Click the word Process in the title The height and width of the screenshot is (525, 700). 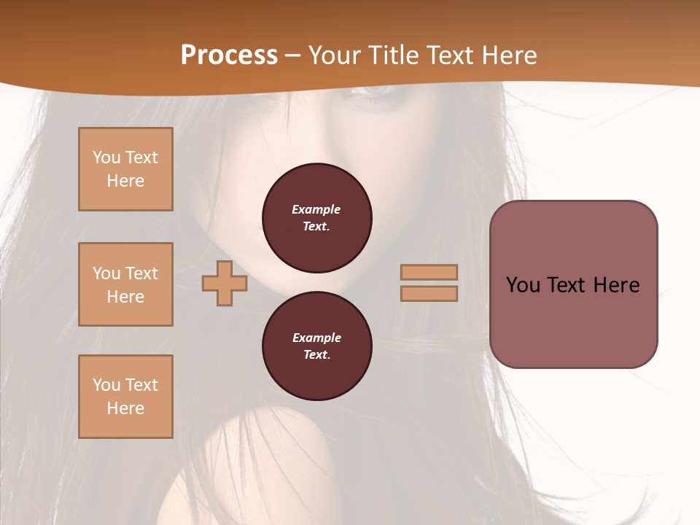[229, 55]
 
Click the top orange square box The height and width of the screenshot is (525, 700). [125, 169]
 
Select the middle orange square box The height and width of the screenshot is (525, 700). [125, 284]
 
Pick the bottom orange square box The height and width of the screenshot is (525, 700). [125, 397]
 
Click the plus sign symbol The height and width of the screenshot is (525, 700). [225, 283]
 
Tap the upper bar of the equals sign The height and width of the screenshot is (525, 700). [429, 272]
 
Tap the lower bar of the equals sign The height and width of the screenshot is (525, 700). [429, 293]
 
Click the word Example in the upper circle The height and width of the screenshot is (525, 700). [316, 209]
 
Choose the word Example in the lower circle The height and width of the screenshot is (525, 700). [316, 338]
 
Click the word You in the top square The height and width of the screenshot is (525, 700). [106, 157]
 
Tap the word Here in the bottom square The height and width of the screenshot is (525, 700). [125, 408]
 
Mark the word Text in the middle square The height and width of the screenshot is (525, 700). [141, 273]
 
